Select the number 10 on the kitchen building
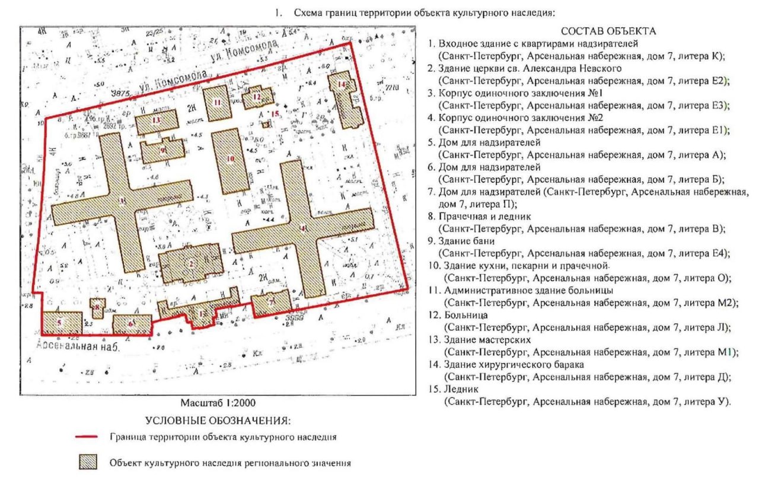(230, 159)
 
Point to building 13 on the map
(157, 121)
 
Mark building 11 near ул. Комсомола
(217, 102)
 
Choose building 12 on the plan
(257, 96)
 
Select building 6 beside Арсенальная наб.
(132, 324)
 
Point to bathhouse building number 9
(162, 150)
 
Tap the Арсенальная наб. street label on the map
(78, 348)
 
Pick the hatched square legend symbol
(88, 462)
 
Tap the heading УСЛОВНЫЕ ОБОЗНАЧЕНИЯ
(217, 421)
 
